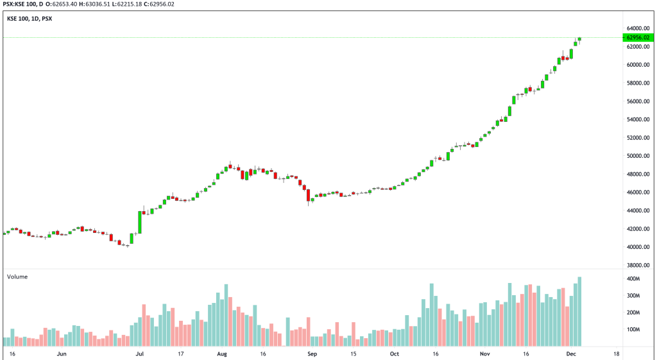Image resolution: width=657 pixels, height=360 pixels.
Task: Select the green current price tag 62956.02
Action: (x=638, y=38)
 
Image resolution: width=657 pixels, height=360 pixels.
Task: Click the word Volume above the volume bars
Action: (x=17, y=277)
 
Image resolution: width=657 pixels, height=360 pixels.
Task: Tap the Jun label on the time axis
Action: (x=62, y=354)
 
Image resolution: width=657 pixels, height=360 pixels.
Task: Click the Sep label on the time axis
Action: (x=312, y=354)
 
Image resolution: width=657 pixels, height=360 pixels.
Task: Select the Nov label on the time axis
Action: (x=484, y=354)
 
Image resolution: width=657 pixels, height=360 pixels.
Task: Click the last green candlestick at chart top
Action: (x=579, y=39)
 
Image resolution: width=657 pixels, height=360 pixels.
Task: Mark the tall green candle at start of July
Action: (x=139, y=222)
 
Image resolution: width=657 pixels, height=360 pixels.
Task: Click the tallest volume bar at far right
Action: (x=579, y=312)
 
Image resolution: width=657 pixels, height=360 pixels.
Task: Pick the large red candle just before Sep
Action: (x=309, y=195)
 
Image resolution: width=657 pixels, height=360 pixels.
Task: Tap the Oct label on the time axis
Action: (x=394, y=354)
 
